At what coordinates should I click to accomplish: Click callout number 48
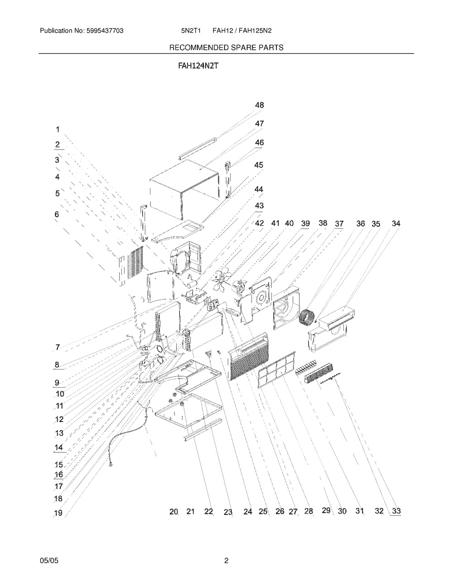[x=260, y=105]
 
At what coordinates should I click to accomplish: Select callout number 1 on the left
[x=58, y=130]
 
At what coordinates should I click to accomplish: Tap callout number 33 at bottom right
[x=396, y=511]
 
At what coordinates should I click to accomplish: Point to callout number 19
[x=58, y=513]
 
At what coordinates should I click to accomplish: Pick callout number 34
[x=396, y=223]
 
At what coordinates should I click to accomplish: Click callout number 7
[x=58, y=347]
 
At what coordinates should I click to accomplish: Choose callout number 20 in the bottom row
[x=173, y=511]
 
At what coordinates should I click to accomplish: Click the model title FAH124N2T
[x=198, y=66]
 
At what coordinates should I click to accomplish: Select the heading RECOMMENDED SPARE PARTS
[x=226, y=48]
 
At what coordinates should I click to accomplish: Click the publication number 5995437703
[x=105, y=31]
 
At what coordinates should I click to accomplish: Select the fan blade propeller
[x=221, y=282]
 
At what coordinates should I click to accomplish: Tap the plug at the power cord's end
[x=110, y=464]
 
